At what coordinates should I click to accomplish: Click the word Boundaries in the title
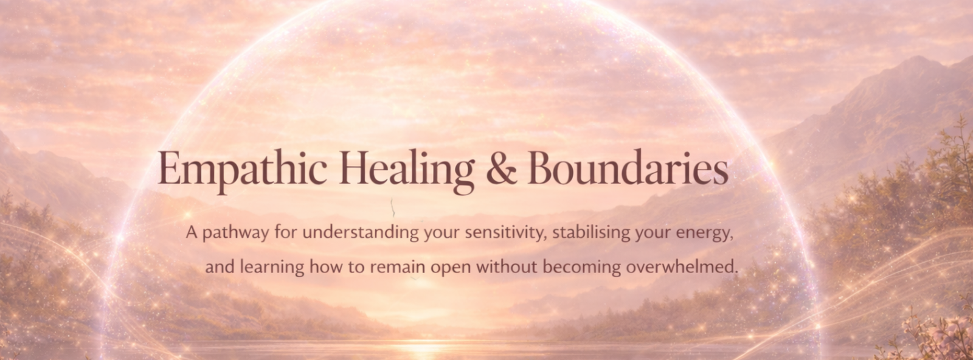[x=628, y=168]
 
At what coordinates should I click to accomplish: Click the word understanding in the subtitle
[x=361, y=232]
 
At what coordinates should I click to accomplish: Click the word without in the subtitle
[x=507, y=266]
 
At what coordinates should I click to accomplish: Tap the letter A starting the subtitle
[x=192, y=233]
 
